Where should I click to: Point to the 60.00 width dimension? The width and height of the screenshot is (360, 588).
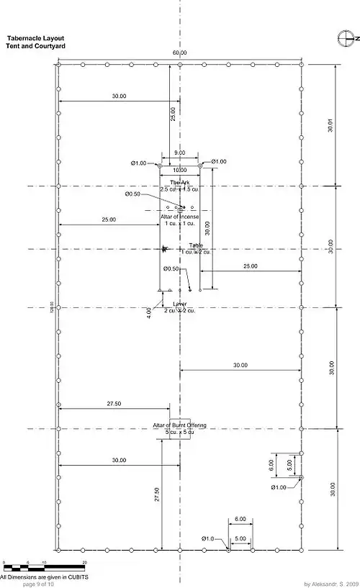(x=179, y=53)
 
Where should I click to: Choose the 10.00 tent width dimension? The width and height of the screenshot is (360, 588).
(x=179, y=169)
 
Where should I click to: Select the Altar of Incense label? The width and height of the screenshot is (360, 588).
(x=179, y=217)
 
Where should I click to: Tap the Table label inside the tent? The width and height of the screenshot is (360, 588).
(x=186, y=246)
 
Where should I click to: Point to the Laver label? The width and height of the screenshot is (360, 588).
(x=180, y=305)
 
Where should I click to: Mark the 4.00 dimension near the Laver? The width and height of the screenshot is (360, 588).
(x=149, y=313)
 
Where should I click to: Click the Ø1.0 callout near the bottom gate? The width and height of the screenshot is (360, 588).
(x=208, y=539)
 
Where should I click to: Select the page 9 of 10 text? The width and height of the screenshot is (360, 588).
(x=39, y=584)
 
